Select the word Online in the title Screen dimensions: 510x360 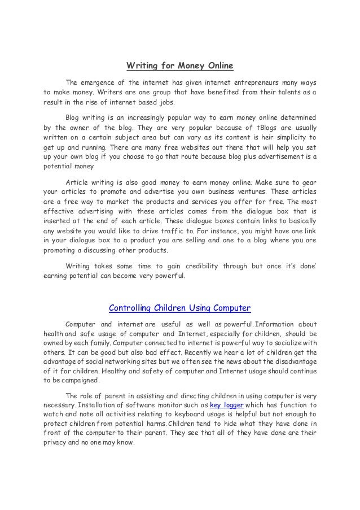219,66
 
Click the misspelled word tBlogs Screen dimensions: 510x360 258,128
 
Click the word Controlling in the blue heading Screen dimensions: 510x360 130,308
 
